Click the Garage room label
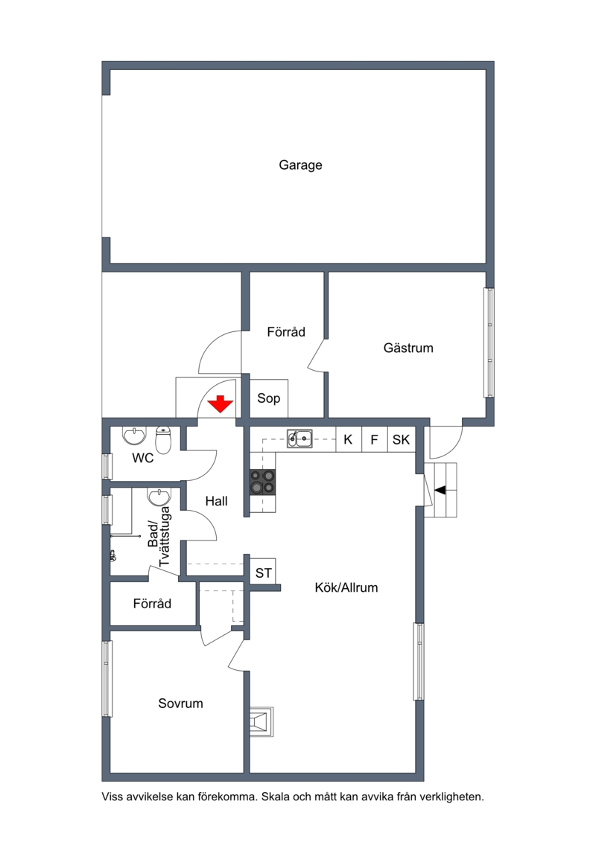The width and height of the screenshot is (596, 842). (x=300, y=165)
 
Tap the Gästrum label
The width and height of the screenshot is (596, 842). (x=408, y=348)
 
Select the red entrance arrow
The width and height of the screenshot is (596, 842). (x=220, y=404)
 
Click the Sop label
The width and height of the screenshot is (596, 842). (x=269, y=398)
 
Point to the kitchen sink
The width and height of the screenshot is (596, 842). (x=300, y=438)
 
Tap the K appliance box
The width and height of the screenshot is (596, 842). (x=348, y=439)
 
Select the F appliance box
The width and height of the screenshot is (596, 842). (x=375, y=439)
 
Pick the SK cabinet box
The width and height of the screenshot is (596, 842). (x=402, y=439)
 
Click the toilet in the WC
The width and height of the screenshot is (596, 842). (x=163, y=440)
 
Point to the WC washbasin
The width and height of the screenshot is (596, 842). (x=133, y=436)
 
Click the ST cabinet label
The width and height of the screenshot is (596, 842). (x=263, y=573)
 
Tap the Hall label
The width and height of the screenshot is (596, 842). (x=217, y=501)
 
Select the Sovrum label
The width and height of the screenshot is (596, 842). (x=180, y=704)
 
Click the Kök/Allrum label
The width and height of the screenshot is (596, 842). (x=346, y=587)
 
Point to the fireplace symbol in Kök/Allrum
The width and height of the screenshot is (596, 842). (x=261, y=721)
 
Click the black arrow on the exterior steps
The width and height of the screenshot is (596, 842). (x=440, y=490)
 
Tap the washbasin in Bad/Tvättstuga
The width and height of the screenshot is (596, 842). (x=159, y=497)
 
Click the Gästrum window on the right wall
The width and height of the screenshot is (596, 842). (x=489, y=342)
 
